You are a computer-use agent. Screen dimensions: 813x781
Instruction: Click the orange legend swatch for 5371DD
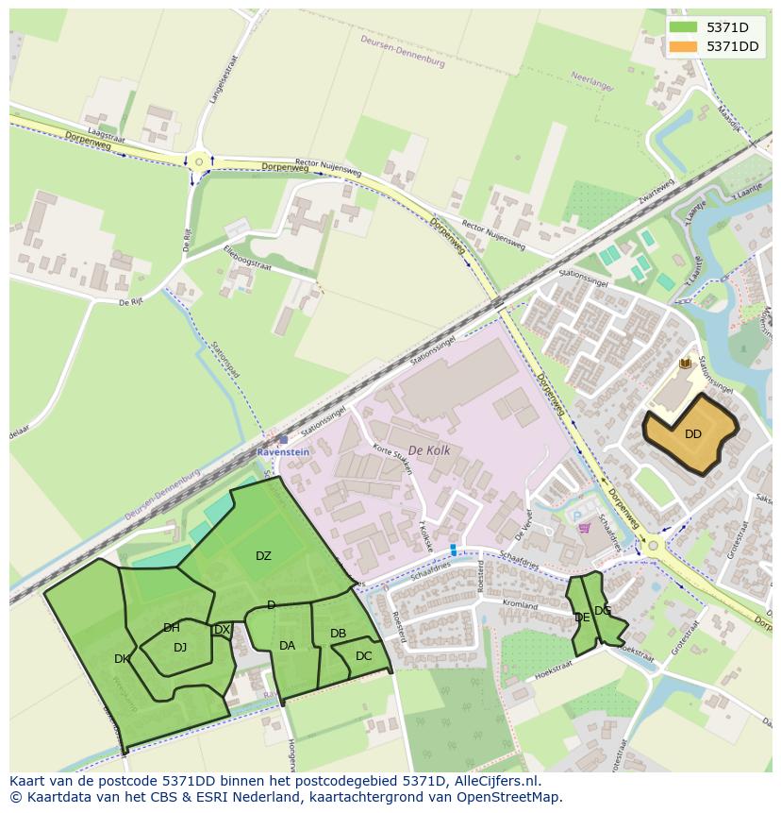click(x=685, y=46)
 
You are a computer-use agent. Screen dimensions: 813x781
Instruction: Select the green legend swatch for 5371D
click(x=685, y=27)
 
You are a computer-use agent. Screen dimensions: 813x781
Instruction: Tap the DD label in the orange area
click(x=693, y=434)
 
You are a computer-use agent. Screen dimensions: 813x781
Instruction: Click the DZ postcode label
click(x=263, y=556)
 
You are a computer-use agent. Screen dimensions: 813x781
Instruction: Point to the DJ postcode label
click(x=180, y=647)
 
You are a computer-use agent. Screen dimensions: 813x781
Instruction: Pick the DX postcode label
click(x=222, y=630)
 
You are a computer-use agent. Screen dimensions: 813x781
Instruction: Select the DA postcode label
click(x=288, y=646)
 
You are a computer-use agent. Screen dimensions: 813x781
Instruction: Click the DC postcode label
click(x=364, y=656)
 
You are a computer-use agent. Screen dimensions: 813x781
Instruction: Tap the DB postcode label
click(x=338, y=633)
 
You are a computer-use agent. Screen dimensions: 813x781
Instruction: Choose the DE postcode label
click(x=582, y=617)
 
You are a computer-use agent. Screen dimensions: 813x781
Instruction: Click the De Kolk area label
click(x=429, y=450)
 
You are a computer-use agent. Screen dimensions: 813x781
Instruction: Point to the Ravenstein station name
click(x=283, y=452)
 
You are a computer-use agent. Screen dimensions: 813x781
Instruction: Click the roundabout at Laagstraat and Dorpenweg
click(x=199, y=161)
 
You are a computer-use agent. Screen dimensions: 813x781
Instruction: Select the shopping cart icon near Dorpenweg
click(x=584, y=528)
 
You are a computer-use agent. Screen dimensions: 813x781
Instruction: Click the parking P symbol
click(x=577, y=515)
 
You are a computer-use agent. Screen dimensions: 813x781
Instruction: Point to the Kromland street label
click(x=520, y=605)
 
